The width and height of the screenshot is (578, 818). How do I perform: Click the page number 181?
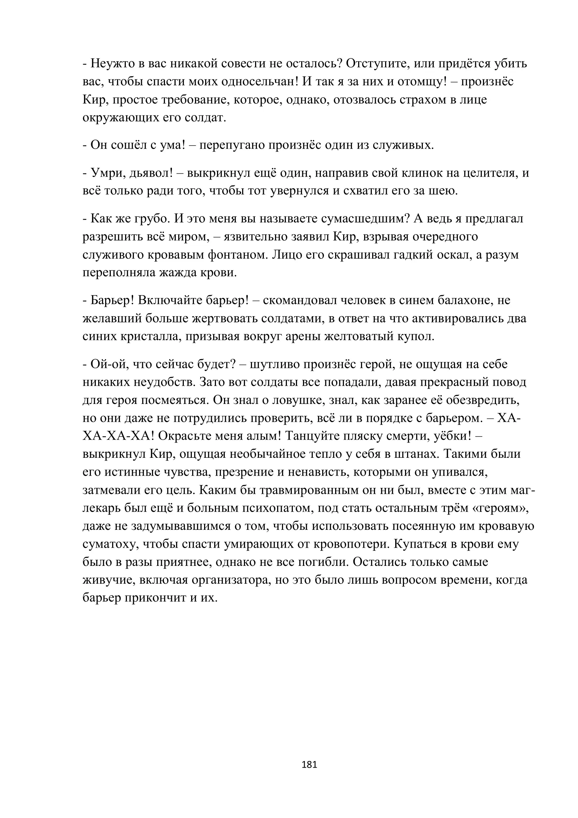309,764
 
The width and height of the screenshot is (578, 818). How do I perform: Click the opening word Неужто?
111,63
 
